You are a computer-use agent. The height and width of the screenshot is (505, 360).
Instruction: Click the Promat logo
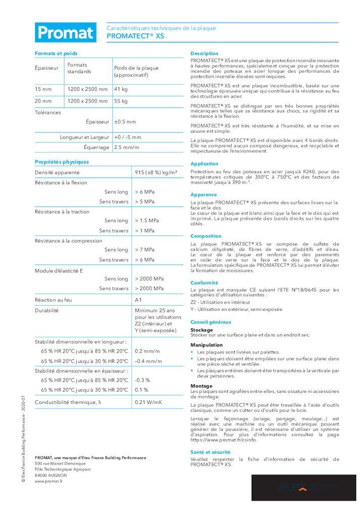pyautogui.click(x=65, y=33)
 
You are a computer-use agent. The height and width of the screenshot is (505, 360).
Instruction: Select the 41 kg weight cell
pyautogui.click(x=121, y=89)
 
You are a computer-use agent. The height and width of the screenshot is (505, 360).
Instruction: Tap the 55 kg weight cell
pyautogui.click(x=121, y=101)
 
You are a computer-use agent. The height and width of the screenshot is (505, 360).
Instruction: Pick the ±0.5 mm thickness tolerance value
pyautogui.click(x=125, y=122)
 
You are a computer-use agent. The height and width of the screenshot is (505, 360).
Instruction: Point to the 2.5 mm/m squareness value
pyautogui.click(x=126, y=147)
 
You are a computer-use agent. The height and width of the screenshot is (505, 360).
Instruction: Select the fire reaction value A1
pyautogui.click(x=138, y=300)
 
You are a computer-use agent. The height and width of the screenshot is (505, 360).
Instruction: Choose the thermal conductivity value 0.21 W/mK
pyautogui.click(x=148, y=402)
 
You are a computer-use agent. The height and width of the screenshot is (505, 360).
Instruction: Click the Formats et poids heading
pyautogui.click(x=56, y=53)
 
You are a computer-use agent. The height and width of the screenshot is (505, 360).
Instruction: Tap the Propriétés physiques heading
pyautogui.click(x=62, y=162)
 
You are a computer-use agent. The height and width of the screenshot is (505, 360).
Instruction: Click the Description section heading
pyautogui.click(x=204, y=53)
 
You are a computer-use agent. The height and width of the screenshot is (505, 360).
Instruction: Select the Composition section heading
pyautogui.click(x=206, y=236)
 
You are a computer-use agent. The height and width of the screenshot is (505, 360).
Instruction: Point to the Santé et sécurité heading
pyautogui.click(x=211, y=452)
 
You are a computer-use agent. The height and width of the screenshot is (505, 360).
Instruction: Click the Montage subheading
pyautogui.click(x=201, y=386)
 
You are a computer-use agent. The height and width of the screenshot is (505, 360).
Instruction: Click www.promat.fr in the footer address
pyautogui.click(x=48, y=481)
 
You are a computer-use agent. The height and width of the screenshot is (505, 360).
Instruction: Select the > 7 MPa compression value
pyautogui.click(x=144, y=249)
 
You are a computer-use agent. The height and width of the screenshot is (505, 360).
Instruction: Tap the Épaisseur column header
pyautogui.click(x=46, y=68)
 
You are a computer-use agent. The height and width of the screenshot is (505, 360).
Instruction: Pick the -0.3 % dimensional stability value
pyautogui.click(x=142, y=380)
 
